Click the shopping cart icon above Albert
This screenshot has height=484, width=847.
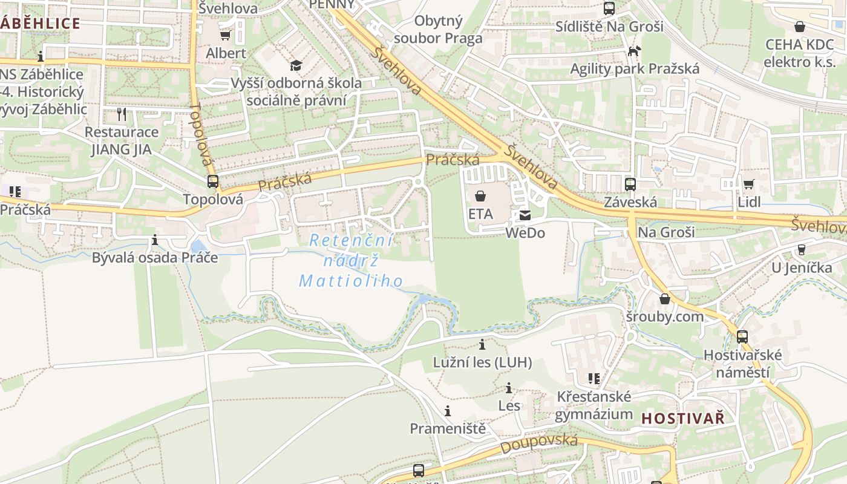point(226,36)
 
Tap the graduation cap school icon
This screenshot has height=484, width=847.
point(296,65)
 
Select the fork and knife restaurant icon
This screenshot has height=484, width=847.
point(122,114)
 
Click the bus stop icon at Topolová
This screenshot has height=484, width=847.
point(213,181)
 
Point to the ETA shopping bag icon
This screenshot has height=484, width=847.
point(480,196)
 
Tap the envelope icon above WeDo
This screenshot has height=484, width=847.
point(525,215)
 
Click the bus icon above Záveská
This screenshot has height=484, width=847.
point(630,184)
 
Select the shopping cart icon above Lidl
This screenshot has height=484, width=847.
point(749,184)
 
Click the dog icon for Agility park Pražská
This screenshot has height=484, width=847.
point(634,51)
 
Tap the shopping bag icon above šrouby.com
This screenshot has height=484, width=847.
point(665,299)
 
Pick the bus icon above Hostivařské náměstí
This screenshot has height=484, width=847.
point(742,337)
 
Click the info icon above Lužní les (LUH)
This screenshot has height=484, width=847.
point(482,345)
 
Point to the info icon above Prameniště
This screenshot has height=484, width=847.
point(448,411)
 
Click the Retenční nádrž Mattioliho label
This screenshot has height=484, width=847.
point(352,261)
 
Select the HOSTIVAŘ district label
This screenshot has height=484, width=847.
point(682,418)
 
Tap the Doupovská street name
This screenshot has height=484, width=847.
point(538,444)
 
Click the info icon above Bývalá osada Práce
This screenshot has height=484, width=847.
point(155,240)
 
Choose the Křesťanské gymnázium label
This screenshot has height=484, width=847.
point(594,406)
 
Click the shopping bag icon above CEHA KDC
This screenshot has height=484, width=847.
point(800,27)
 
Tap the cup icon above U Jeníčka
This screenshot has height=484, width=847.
point(802,249)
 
